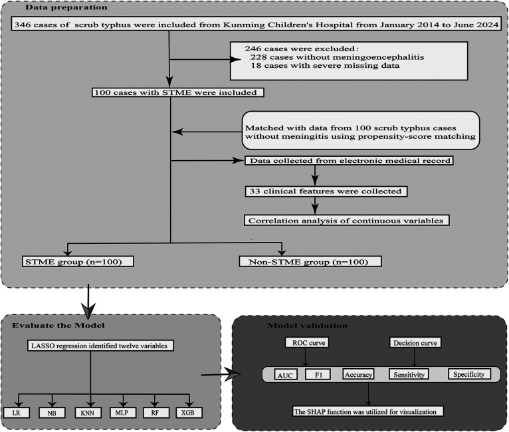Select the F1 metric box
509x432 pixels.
(316, 374)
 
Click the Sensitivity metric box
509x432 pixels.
(408, 374)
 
